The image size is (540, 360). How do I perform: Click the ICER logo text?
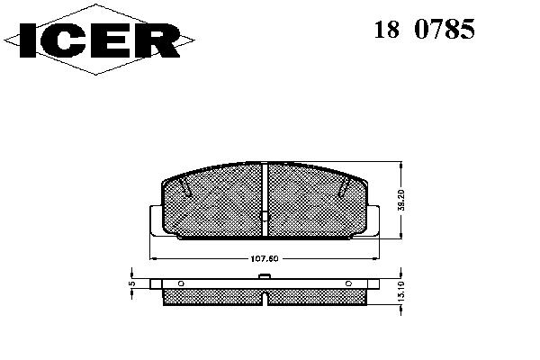(100, 40)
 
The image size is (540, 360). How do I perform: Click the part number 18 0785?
(424, 29)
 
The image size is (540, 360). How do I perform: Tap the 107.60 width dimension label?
(264, 258)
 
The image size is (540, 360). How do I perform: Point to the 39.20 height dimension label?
(402, 200)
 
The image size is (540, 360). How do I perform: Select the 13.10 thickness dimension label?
(400, 292)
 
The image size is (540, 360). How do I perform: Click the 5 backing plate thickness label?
(132, 283)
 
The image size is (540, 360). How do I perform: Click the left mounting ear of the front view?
(156, 220)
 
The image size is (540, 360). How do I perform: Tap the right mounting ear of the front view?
(373, 220)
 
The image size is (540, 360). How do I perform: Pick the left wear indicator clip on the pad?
(185, 188)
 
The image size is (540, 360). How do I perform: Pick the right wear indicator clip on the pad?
(344, 188)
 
